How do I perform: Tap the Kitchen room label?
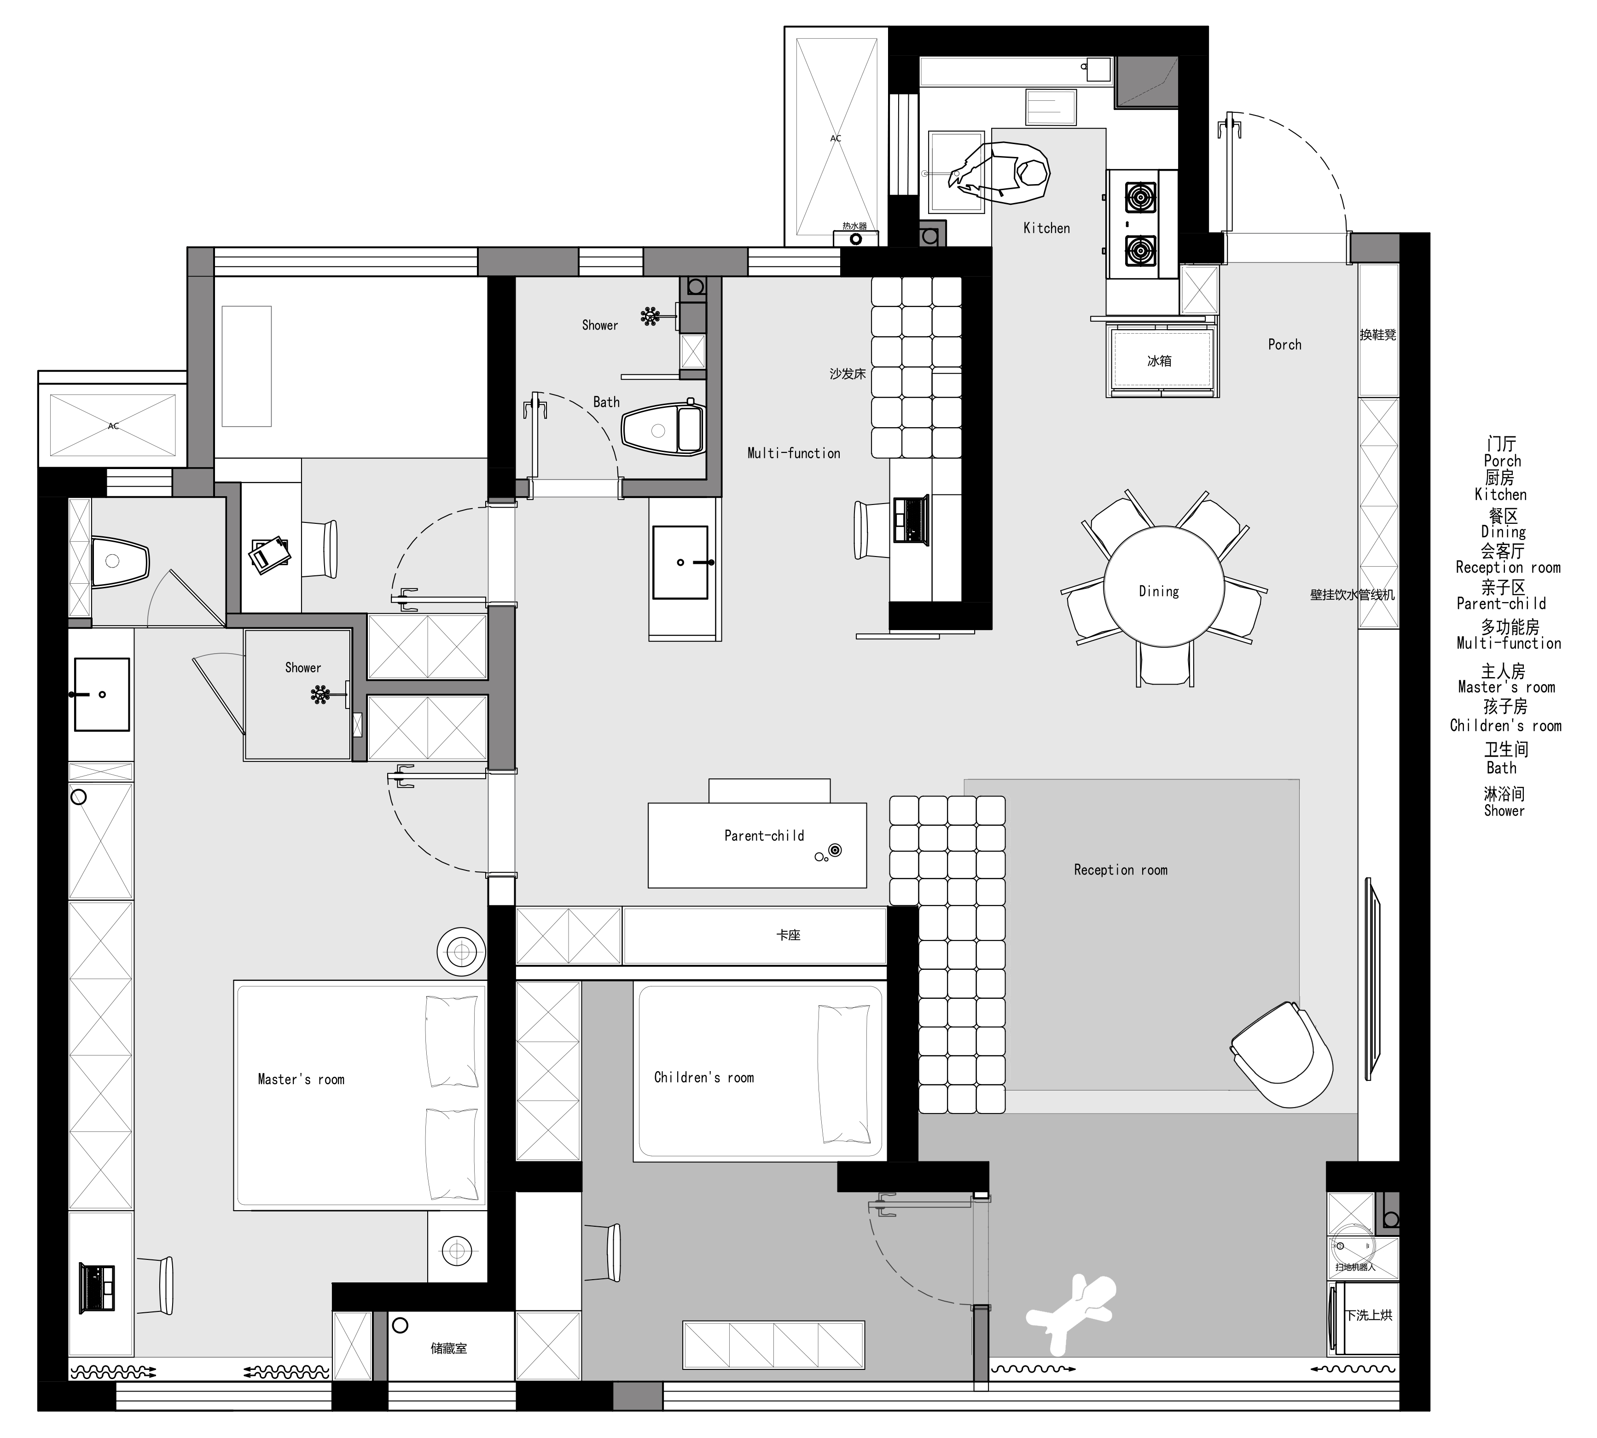pos(1046,228)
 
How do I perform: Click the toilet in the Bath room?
pos(664,429)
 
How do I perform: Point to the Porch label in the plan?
pos(1284,344)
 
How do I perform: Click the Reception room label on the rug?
pos(1121,870)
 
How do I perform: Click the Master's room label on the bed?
pos(301,1079)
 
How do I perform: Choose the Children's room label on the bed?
pos(704,1077)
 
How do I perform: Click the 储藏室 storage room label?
pos(449,1349)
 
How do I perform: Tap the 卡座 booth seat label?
pos(789,935)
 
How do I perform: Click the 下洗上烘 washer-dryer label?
pos(1370,1316)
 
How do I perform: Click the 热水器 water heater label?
pos(854,226)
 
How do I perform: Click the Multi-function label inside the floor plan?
pos(794,453)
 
